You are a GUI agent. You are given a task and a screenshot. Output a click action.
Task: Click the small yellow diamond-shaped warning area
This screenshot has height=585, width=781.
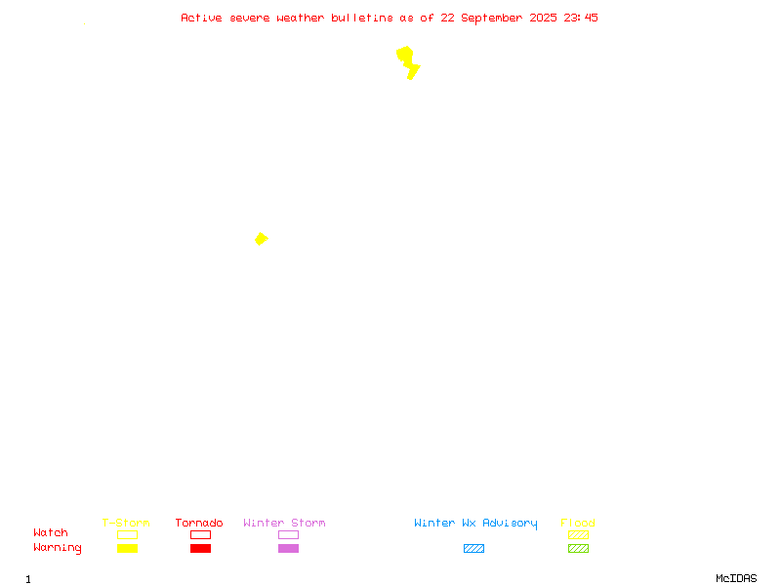click(x=261, y=239)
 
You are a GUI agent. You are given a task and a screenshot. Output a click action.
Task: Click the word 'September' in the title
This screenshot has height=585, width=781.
click(x=492, y=18)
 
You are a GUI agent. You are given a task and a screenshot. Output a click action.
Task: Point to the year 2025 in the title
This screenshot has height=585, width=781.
click(x=543, y=18)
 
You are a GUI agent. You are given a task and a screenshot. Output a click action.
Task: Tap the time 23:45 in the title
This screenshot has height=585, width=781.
click(x=581, y=18)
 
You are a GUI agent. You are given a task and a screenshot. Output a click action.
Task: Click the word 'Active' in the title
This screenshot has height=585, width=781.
click(x=201, y=18)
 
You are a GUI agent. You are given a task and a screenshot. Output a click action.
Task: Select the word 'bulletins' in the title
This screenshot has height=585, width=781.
click(x=362, y=18)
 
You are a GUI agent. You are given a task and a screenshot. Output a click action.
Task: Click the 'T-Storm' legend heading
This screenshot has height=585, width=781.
click(x=126, y=523)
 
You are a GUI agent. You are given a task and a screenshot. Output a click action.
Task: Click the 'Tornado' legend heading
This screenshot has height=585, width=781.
click(x=199, y=523)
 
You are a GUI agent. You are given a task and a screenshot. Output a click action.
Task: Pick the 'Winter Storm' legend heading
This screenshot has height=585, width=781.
click(x=284, y=523)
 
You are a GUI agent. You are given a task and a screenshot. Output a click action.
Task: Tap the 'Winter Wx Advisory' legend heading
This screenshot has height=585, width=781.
click(x=475, y=524)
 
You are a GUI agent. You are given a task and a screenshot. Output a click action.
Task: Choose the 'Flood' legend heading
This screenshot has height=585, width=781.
click(x=578, y=523)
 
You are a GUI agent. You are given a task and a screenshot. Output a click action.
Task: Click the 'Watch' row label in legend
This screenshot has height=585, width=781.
click(x=51, y=532)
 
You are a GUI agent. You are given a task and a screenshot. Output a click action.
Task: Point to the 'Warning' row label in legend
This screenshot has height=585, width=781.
click(x=58, y=548)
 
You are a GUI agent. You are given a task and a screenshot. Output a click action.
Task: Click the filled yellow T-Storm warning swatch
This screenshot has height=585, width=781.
click(x=128, y=548)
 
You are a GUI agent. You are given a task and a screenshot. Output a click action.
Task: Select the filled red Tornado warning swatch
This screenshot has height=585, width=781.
click(x=201, y=548)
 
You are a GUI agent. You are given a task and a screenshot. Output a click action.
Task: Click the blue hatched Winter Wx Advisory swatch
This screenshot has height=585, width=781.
click(x=473, y=548)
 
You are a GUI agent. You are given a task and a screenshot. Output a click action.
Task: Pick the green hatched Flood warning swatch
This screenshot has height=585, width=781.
click(x=578, y=548)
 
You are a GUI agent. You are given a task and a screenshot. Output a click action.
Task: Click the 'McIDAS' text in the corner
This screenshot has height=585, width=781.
click(x=736, y=578)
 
